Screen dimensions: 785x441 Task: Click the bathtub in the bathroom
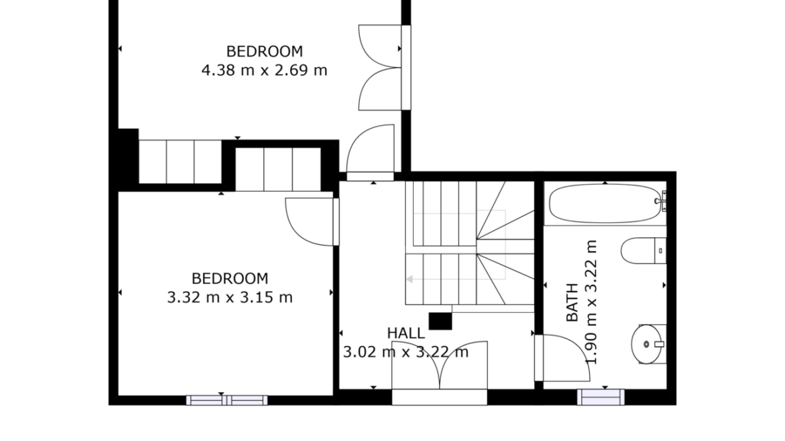tap(605, 203)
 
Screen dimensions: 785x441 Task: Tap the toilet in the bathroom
tap(644, 251)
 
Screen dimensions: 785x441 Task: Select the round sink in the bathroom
tap(646, 344)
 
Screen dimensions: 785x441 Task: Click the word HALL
tap(406, 333)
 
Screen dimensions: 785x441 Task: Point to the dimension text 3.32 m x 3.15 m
tap(229, 297)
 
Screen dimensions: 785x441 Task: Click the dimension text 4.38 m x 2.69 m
tap(264, 70)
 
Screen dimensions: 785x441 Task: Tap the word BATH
tap(571, 302)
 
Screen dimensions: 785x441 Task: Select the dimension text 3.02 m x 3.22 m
tap(405, 352)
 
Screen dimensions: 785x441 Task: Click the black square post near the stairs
tap(440, 321)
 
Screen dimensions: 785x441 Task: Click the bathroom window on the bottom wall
tap(600, 397)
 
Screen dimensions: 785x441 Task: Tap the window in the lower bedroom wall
tap(227, 400)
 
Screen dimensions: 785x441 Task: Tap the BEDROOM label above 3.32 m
tap(230, 278)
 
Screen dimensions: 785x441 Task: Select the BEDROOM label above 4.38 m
tap(264, 51)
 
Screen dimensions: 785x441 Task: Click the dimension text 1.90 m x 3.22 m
tap(591, 302)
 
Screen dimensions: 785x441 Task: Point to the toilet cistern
tap(661, 251)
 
